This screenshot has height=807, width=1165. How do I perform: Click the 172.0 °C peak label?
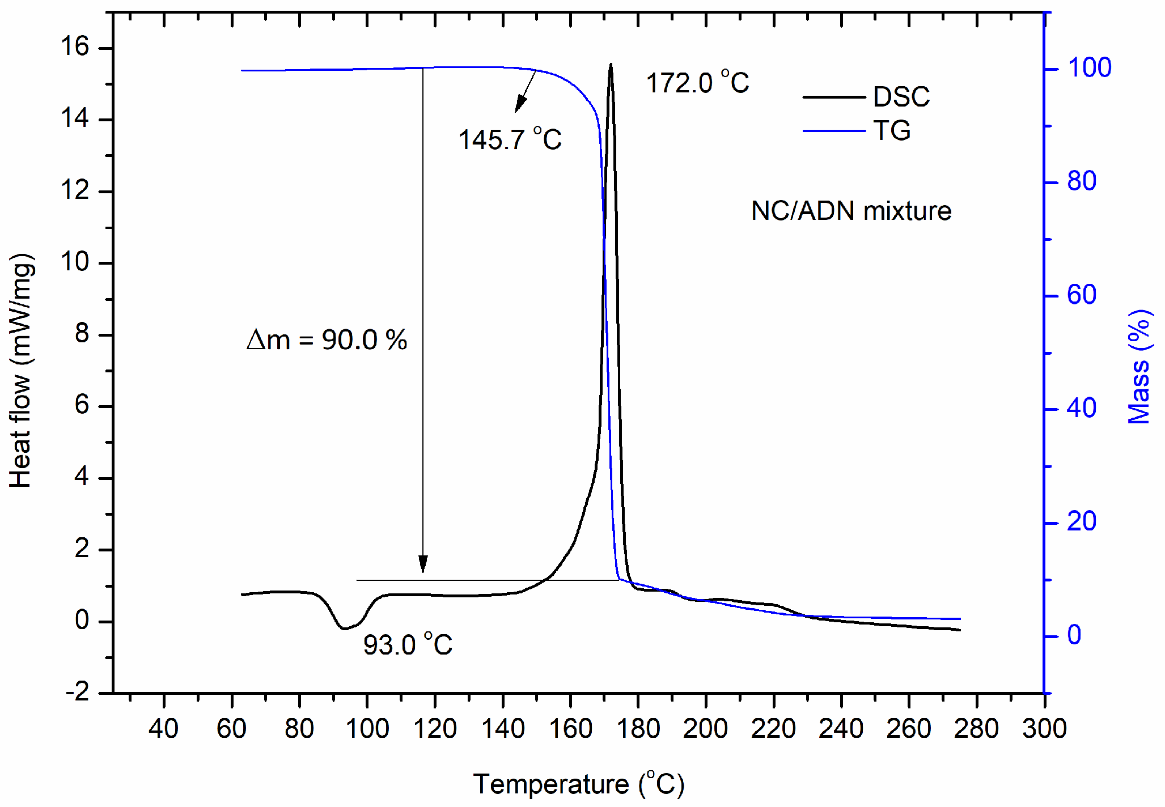pos(697,83)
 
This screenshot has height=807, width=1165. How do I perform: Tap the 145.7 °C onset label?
pos(509,139)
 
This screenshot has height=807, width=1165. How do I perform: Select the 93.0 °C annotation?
pos(407,645)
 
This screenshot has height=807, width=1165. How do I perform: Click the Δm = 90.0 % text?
pos(327,340)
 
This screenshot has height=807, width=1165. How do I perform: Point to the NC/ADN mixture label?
pos(850,211)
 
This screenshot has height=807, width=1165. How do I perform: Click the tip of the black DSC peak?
pos(611,64)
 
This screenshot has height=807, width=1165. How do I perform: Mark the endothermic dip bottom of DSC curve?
pos(344,628)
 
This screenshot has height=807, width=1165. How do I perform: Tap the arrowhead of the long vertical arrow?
pos(423,565)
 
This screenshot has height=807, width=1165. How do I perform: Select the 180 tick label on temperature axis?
pos(638,728)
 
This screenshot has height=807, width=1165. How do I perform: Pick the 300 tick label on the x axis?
pos(1044,728)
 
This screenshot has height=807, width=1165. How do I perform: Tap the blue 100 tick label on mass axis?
pos(1089,68)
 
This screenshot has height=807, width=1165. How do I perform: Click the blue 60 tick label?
pos(1081,295)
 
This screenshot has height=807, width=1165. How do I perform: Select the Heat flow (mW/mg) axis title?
pos(22,371)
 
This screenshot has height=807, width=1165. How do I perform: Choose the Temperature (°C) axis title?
pos(579,784)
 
